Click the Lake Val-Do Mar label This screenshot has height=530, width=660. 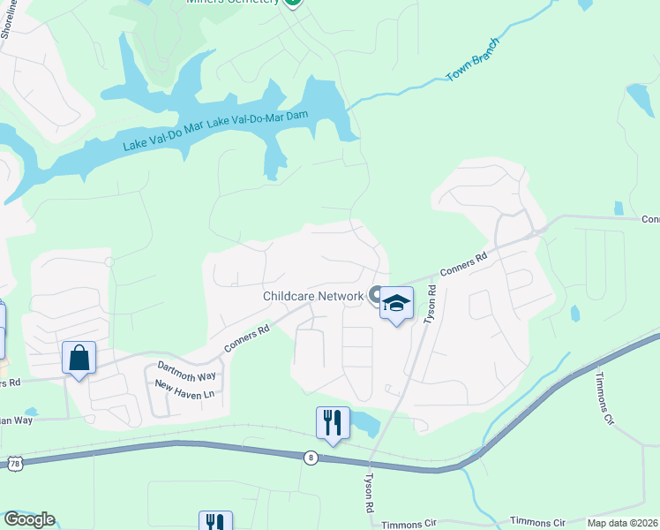[162, 136]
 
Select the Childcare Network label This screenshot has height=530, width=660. [313, 297]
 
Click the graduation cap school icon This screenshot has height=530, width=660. [396, 303]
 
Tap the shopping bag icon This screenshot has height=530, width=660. [79, 358]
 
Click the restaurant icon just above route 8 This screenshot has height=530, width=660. [333, 422]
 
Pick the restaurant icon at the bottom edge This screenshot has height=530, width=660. [215, 521]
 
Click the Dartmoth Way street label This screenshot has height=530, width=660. [186, 371]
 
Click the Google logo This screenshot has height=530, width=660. [28, 519]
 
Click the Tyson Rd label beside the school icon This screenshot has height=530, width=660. [431, 303]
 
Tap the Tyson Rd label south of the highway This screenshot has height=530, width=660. [369, 494]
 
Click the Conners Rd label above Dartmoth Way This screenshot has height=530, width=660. [246, 340]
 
